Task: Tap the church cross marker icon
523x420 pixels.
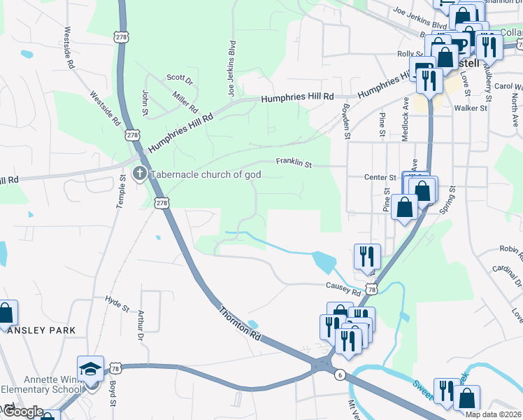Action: click(x=139, y=174)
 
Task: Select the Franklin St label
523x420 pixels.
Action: click(x=293, y=162)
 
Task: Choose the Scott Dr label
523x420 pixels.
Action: click(x=179, y=78)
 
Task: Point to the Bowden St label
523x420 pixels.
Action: click(x=345, y=117)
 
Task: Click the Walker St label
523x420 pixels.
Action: click(x=470, y=108)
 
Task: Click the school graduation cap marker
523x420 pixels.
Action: click(x=90, y=368)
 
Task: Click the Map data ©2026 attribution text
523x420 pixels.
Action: click(x=492, y=414)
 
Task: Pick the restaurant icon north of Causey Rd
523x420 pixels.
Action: click(x=366, y=256)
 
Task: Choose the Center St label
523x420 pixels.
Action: click(x=380, y=178)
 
